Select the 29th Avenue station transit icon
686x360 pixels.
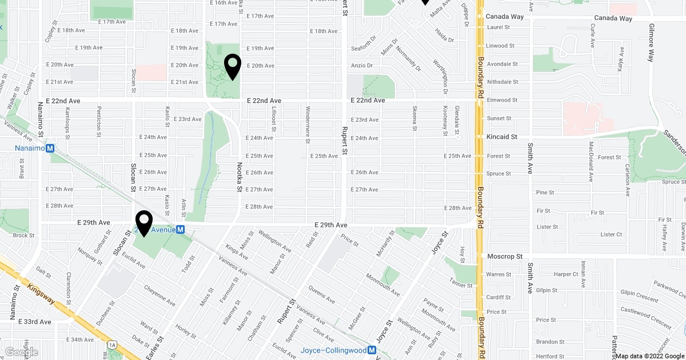click(x=180, y=229)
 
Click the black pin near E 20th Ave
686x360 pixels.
click(x=233, y=67)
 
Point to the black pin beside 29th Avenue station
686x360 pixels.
click(x=143, y=224)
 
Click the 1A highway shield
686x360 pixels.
click(x=112, y=345)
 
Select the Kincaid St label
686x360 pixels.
click(x=501, y=137)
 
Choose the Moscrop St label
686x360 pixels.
click(x=504, y=257)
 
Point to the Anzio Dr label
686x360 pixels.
click(x=361, y=66)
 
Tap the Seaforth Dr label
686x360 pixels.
click(x=364, y=48)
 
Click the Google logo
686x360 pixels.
click(x=21, y=352)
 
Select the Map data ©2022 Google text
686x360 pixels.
click(x=649, y=356)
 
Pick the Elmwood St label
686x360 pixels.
click(x=502, y=100)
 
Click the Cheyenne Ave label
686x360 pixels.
click(x=159, y=292)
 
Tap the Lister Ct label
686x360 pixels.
click(x=611, y=234)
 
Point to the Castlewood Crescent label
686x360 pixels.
click(x=645, y=318)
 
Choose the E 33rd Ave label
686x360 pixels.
click(x=35, y=322)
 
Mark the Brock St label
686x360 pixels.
click(x=23, y=235)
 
